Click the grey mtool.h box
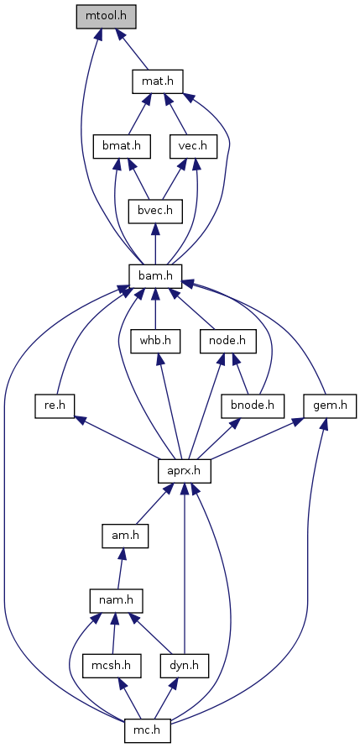pyautogui.click(x=107, y=17)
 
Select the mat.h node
pyautogui.click(x=156, y=82)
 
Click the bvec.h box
pyautogui.click(x=155, y=212)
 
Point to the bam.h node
pyautogui.click(x=155, y=276)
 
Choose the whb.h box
pyautogui.click(x=155, y=341)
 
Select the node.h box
pyautogui.click(x=228, y=341)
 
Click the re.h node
pyautogui.click(x=55, y=406)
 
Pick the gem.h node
pyautogui.click(x=330, y=406)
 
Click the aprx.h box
pyautogui.click(x=185, y=471)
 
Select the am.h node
pyautogui.click(x=125, y=536)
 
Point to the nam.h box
pyautogui.click(x=117, y=600)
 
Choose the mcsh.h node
pyautogui.click(x=112, y=666)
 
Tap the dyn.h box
pyautogui.click(x=185, y=666)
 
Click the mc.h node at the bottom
pyautogui.click(x=148, y=730)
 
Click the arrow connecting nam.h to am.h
pyautogui.click(x=121, y=568)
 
